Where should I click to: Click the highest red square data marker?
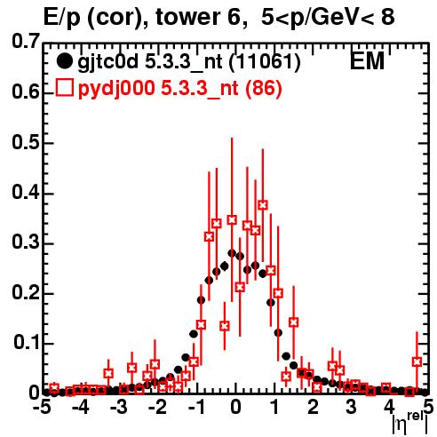pyautogui.click(x=263, y=205)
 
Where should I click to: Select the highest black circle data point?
pyautogui.click(x=232, y=253)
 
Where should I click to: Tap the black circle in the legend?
pyautogui.click(x=64, y=61)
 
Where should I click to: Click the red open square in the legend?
pyautogui.click(x=64, y=88)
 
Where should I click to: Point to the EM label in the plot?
pyautogui.click(x=367, y=61)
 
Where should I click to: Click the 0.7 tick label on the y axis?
pyautogui.click(x=26, y=41)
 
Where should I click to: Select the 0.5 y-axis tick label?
pyautogui.click(x=26, y=142)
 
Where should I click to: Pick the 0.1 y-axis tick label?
pyautogui.click(x=27, y=342)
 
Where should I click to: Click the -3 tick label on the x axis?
pyautogui.click(x=119, y=407)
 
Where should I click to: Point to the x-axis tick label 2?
pyautogui.click(x=313, y=407)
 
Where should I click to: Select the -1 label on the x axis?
pyautogui.click(x=196, y=407)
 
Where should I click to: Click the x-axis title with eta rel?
pyautogui.click(x=409, y=422)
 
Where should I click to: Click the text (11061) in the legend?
pyautogui.click(x=265, y=62)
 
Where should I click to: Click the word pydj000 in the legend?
pyautogui.click(x=116, y=89)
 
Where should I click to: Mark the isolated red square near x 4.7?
pyautogui.click(x=417, y=362)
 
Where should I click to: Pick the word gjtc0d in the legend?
pyautogui.click(x=108, y=63)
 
